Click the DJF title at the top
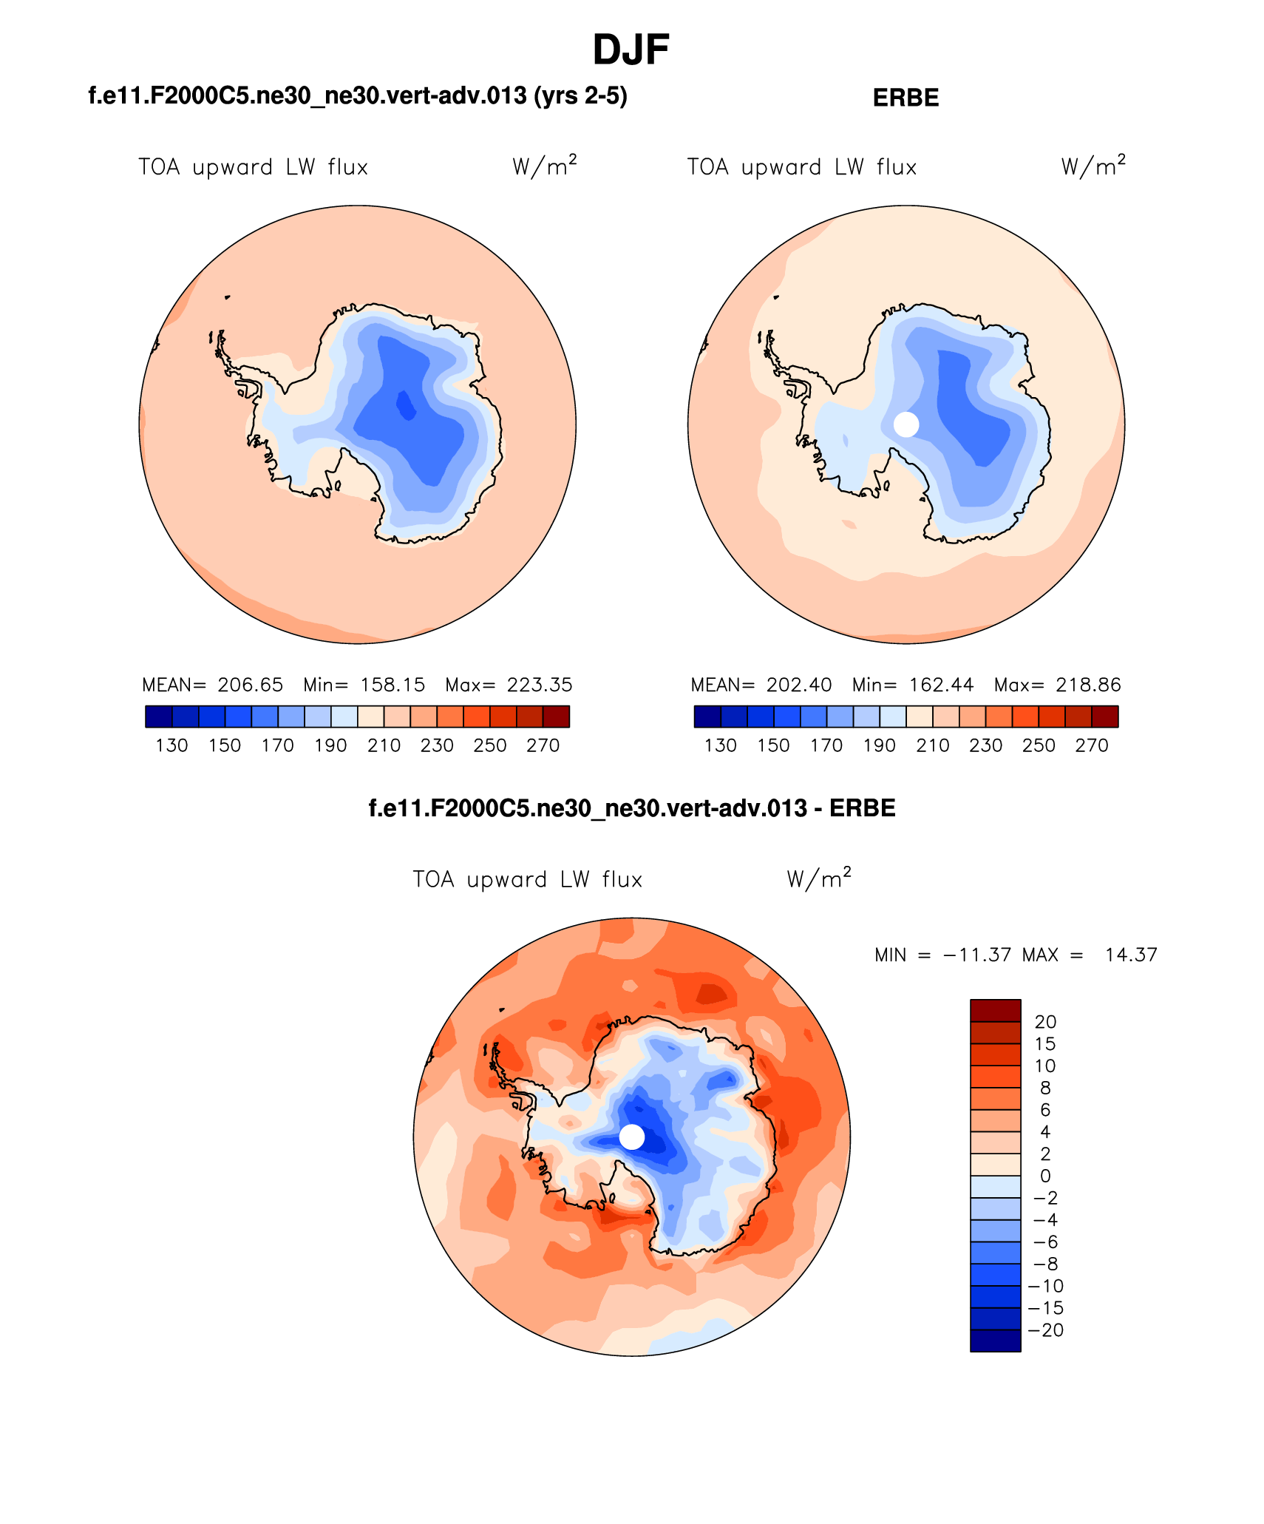(x=631, y=50)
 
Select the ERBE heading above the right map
(x=905, y=98)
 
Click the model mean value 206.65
(x=251, y=685)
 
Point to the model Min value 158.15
(x=393, y=685)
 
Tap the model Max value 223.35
(x=540, y=685)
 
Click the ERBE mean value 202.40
(x=799, y=685)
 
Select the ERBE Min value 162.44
(x=941, y=685)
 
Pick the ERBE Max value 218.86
(x=1088, y=685)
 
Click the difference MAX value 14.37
(x=1131, y=955)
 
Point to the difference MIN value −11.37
(x=977, y=955)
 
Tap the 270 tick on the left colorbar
(x=543, y=745)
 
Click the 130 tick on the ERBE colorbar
(x=720, y=745)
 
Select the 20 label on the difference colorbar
(x=1045, y=1022)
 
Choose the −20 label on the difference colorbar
(x=1045, y=1330)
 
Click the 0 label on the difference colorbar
(x=1045, y=1176)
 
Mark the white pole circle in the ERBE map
(x=906, y=424)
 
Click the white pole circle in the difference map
(x=632, y=1137)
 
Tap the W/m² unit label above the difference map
(x=818, y=878)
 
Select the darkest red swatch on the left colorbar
(x=556, y=717)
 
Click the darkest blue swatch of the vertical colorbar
(x=995, y=1341)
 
